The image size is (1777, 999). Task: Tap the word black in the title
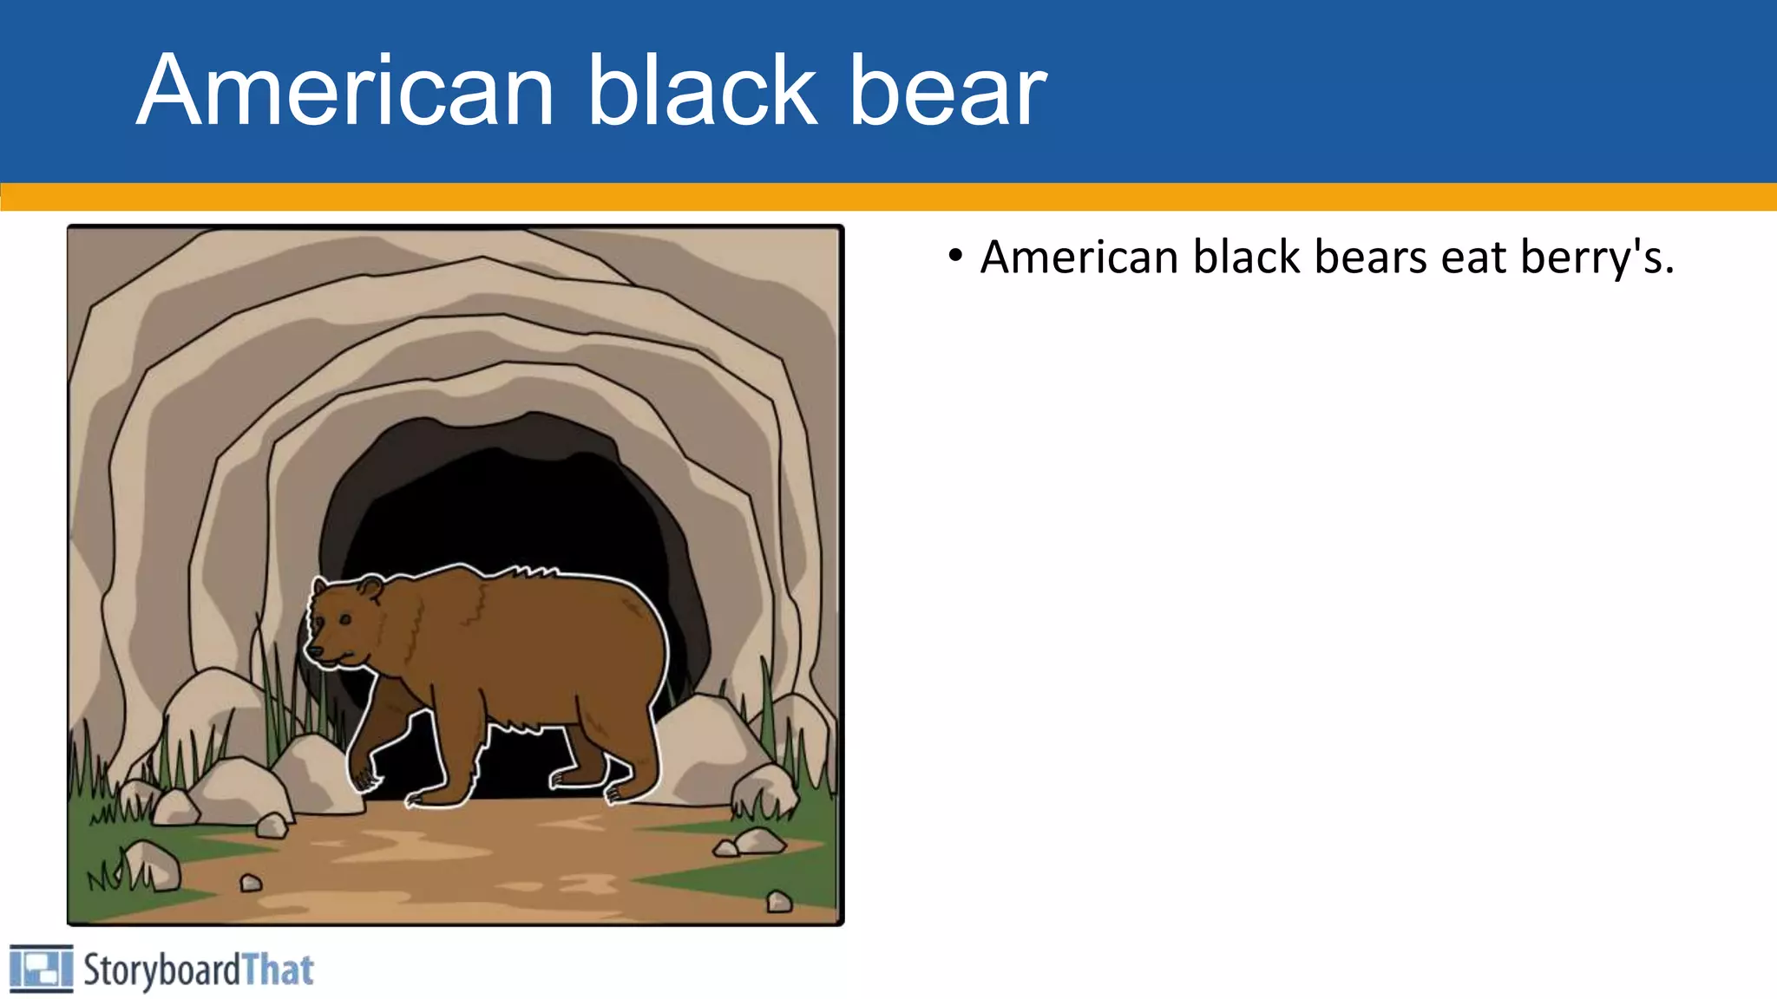(703, 91)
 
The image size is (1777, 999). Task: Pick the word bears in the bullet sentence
(1371, 258)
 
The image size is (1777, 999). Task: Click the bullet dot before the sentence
(955, 257)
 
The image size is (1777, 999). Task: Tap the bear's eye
(345, 619)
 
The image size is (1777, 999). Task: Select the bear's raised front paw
(364, 777)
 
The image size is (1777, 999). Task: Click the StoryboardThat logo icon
(41, 969)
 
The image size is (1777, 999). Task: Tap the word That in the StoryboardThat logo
(278, 970)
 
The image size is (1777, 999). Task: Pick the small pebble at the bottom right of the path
(779, 902)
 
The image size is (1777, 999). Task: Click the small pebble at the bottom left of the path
(251, 883)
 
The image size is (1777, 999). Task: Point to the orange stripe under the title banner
(888, 197)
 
